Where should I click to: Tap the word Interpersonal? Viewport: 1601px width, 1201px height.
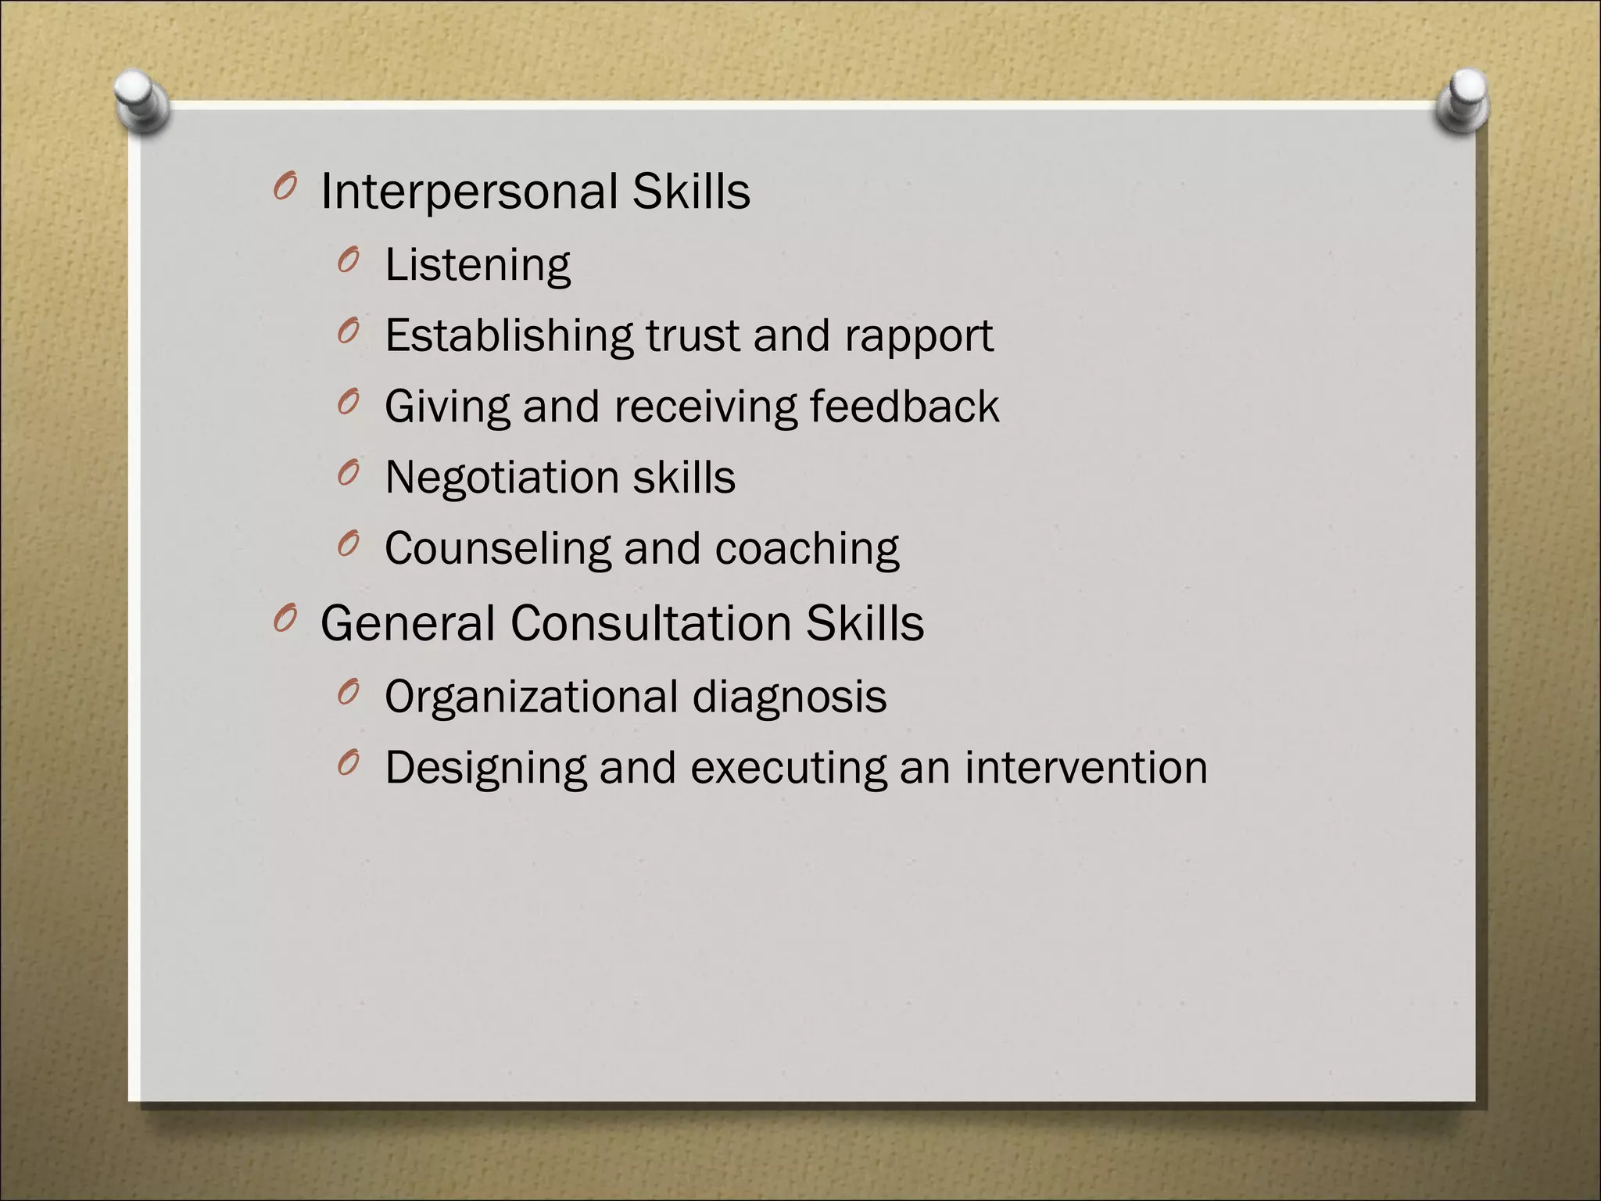point(469,192)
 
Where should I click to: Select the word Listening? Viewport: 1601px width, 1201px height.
point(478,265)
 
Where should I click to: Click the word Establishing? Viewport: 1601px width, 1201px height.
point(508,336)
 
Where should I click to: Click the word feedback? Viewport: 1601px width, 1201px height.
point(904,407)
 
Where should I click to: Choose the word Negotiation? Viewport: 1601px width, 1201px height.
point(502,478)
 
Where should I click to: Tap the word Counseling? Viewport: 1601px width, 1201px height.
point(497,549)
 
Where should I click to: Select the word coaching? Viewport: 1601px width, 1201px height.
point(807,549)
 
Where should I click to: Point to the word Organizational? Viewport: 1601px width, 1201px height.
point(532,697)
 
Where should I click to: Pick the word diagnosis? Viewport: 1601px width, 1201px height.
point(790,697)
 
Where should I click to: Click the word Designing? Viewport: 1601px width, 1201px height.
point(485,769)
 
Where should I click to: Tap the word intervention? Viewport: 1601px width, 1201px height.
point(1086,767)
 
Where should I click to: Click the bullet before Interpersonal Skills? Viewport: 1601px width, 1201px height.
point(285,188)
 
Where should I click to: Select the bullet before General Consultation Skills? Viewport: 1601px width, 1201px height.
point(285,620)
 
